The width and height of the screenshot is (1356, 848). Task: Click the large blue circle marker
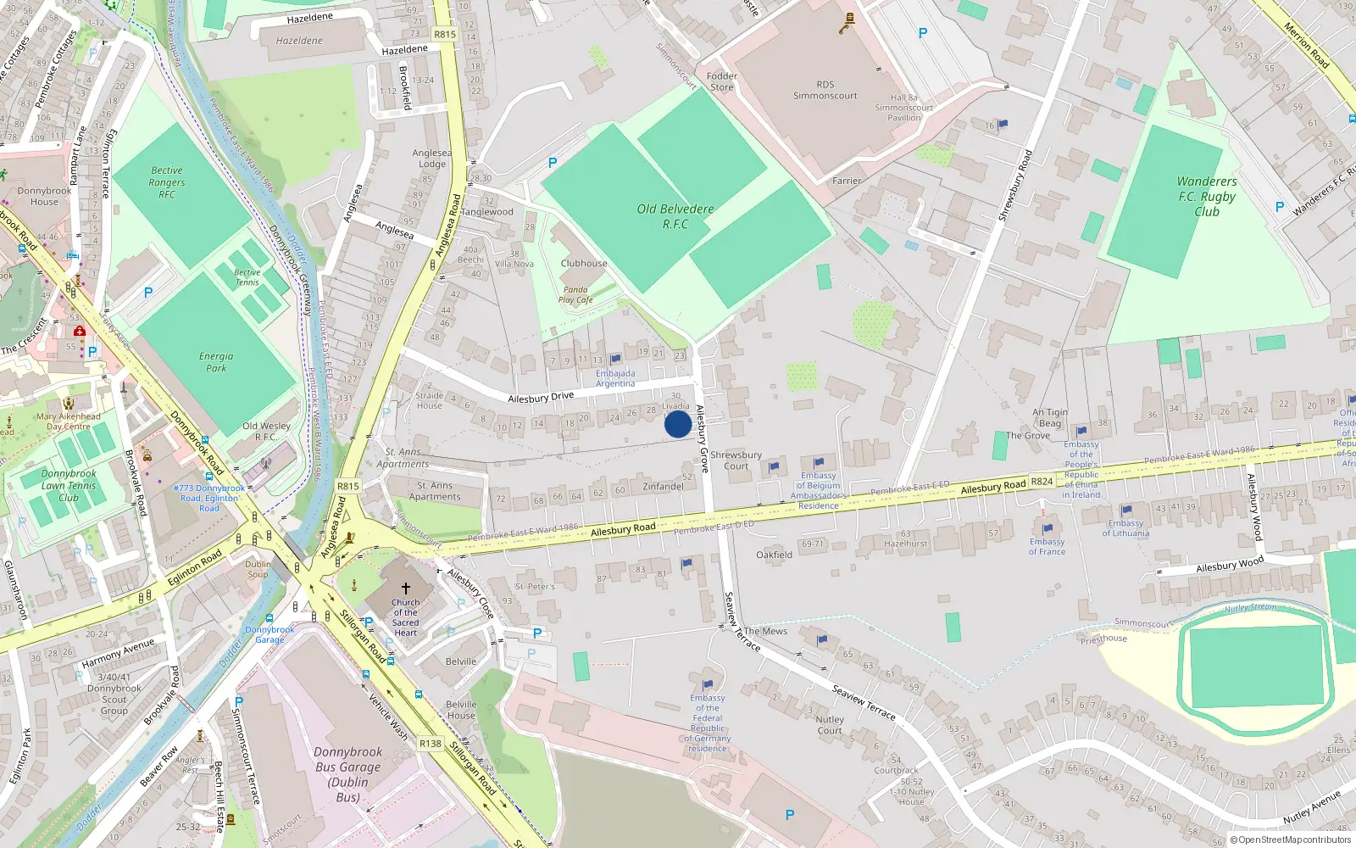pos(677,424)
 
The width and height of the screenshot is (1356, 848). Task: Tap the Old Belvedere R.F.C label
pos(675,216)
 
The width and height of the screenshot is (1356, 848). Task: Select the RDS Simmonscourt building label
pos(825,90)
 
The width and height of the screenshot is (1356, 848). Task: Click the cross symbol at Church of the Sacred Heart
pos(405,588)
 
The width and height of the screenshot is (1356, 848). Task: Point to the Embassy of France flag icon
pos(1048,528)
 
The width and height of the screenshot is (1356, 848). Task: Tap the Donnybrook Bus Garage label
pos(347,774)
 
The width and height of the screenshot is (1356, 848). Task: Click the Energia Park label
pos(216,362)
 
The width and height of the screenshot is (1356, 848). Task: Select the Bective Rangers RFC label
pos(167,182)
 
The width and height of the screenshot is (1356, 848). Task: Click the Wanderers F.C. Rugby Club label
pos(1207,196)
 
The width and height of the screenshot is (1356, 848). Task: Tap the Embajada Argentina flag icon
pos(616,360)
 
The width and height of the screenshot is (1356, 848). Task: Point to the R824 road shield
pos(1042,482)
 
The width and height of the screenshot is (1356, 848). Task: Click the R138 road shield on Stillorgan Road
pos(431,744)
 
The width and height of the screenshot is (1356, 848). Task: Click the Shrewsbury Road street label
pos(1014,186)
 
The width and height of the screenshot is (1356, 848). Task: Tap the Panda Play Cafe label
pos(575,294)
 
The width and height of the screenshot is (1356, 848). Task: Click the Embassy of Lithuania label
pos(1125,527)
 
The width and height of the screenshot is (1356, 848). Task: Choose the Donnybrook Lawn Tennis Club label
pos(69,486)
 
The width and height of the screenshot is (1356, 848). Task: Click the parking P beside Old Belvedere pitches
pos(553,163)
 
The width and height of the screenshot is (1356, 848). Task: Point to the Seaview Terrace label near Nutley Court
pos(864,702)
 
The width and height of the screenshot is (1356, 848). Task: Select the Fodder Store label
pos(722,81)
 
